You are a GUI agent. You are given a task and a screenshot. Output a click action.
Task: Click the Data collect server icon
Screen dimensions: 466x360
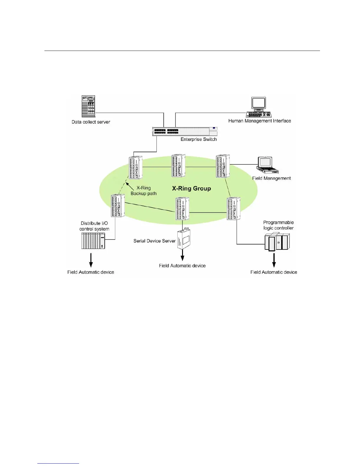coord(88,106)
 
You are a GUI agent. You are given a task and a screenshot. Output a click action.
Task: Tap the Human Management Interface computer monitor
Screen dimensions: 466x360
coord(259,104)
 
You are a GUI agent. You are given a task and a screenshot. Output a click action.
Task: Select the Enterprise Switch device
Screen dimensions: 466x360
coord(185,131)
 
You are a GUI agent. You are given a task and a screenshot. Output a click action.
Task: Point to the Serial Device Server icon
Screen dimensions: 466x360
coord(183,239)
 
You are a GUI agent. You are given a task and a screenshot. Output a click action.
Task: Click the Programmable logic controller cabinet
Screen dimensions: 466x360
coord(277,242)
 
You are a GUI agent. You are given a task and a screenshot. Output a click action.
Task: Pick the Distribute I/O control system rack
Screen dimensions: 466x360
coord(93,241)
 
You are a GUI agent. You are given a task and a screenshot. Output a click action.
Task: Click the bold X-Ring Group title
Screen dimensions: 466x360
coord(191,189)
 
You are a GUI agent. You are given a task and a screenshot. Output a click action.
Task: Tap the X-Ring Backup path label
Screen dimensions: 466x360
coord(144,191)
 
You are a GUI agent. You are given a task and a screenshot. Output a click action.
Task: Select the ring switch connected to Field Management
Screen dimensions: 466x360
coord(223,166)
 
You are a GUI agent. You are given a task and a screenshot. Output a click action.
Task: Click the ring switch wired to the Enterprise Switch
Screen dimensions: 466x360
coord(136,167)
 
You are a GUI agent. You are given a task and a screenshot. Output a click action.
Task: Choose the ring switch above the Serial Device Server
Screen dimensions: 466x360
coord(182,209)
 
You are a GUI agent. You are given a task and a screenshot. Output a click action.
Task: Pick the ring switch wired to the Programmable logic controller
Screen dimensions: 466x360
coord(234,209)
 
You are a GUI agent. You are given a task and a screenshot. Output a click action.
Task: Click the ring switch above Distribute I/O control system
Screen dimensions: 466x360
coord(118,206)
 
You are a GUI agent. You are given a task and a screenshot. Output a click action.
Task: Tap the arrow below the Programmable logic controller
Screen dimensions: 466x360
coord(274,260)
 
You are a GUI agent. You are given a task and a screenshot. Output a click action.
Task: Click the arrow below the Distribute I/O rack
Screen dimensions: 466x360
coord(91,260)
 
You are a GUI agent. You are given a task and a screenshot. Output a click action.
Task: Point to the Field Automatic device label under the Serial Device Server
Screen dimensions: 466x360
coord(182,266)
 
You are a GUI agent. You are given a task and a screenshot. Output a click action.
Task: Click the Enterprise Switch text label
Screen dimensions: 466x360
coord(199,139)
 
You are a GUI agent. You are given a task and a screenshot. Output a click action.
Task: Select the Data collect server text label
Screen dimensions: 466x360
coord(91,122)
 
